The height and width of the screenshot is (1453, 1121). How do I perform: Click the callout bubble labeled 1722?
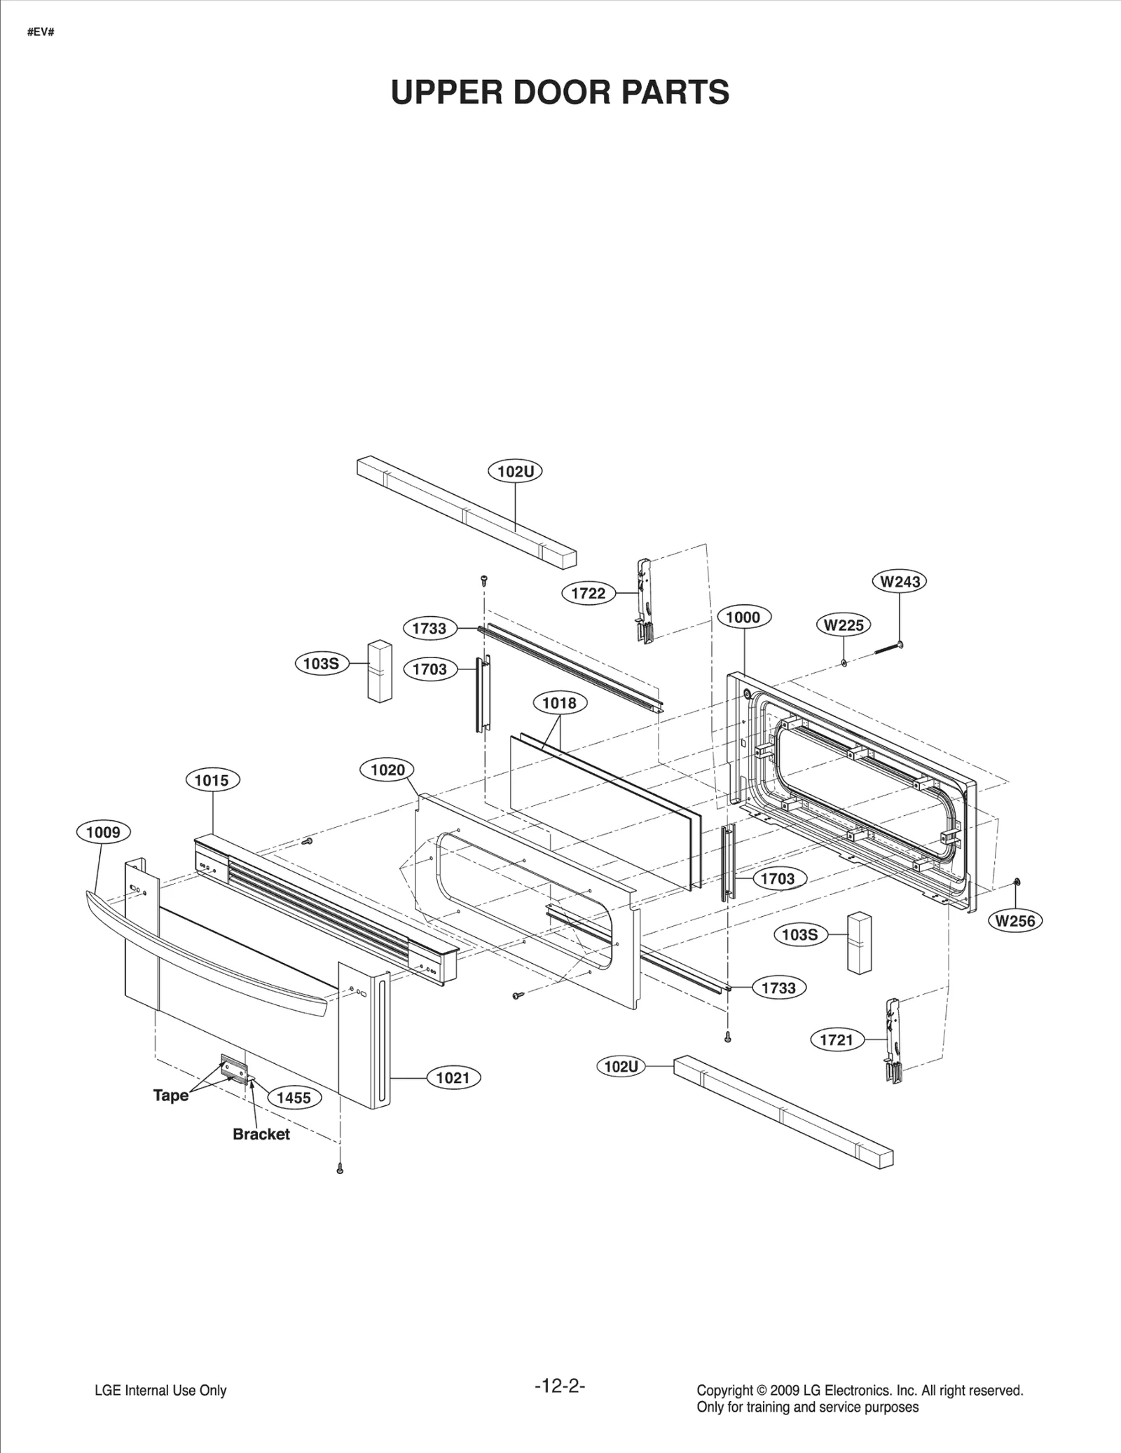tap(588, 594)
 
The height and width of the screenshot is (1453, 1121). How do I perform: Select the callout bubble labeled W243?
tap(900, 581)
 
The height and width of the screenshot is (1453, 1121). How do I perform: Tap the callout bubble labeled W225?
tap(844, 625)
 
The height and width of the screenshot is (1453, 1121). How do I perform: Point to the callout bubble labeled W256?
tap(1015, 921)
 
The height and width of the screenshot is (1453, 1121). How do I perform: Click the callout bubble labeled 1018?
tap(559, 703)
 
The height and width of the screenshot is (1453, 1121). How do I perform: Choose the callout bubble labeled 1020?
tap(387, 770)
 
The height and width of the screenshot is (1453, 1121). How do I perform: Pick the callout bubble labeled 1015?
tap(212, 780)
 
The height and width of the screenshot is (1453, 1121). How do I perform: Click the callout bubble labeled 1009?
tap(103, 833)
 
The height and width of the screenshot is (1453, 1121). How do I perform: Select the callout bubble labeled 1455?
tap(294, 1098)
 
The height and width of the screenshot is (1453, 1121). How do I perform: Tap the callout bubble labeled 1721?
tap(836, 1039)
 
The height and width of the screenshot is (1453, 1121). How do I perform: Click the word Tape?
tap(171, 1095)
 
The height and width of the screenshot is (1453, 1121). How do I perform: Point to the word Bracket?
tap(261, 1134)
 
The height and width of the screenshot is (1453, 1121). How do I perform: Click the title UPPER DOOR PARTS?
tap(560, 93)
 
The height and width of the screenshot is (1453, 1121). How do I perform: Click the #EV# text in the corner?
tap(41, 33)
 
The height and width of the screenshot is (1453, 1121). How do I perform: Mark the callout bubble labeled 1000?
tap(743, 618)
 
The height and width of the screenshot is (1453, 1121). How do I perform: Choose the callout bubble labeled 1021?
tap(453, 1078)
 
